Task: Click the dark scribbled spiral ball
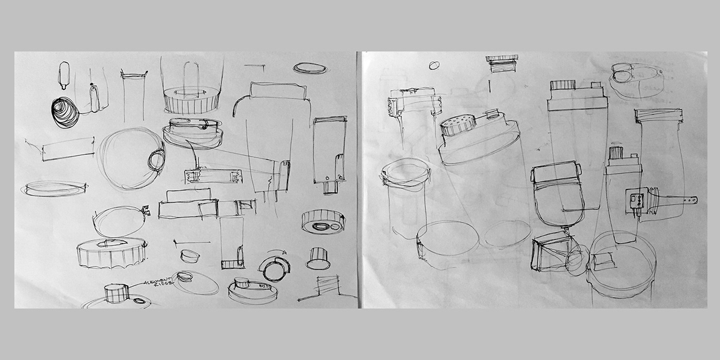click(64, 112)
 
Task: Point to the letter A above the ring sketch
click(286, 253)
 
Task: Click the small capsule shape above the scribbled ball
click(64, 73)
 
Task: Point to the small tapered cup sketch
click(191, 255)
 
